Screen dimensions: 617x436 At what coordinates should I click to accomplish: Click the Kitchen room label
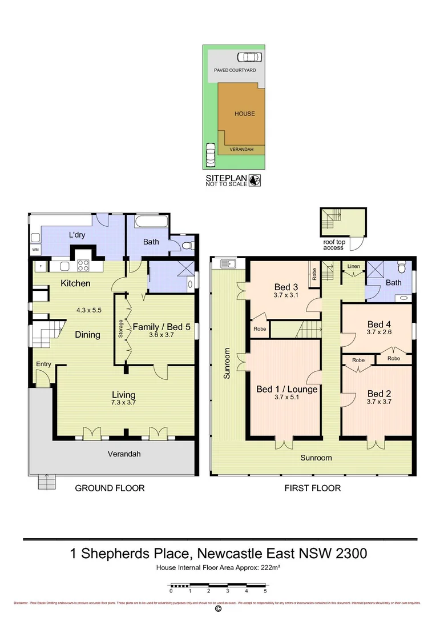tap(76, 283)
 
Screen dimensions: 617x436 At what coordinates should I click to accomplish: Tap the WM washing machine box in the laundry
tap(35, 250)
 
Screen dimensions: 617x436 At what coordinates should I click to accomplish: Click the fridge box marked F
tap(41, 266)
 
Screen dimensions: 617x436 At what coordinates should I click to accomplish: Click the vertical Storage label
tap(120, 329)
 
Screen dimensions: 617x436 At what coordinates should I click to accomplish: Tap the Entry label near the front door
tap(43, 364)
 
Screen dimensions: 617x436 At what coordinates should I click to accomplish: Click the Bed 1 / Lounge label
tap(286, 390)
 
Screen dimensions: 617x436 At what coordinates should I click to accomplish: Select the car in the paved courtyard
tap(249, 57)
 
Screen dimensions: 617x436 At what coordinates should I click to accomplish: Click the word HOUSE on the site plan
tap(245, 114)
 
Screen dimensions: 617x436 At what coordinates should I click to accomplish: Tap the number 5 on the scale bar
tap(265, 592)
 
